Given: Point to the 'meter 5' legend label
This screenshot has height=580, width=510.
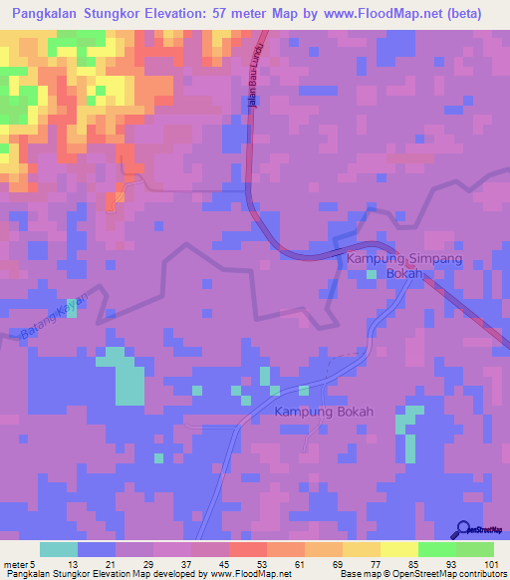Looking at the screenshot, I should tap(14, 564).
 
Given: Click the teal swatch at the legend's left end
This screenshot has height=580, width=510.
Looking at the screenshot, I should tap(59, 549).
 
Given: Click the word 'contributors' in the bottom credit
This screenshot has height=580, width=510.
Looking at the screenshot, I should tap(481, 574).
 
